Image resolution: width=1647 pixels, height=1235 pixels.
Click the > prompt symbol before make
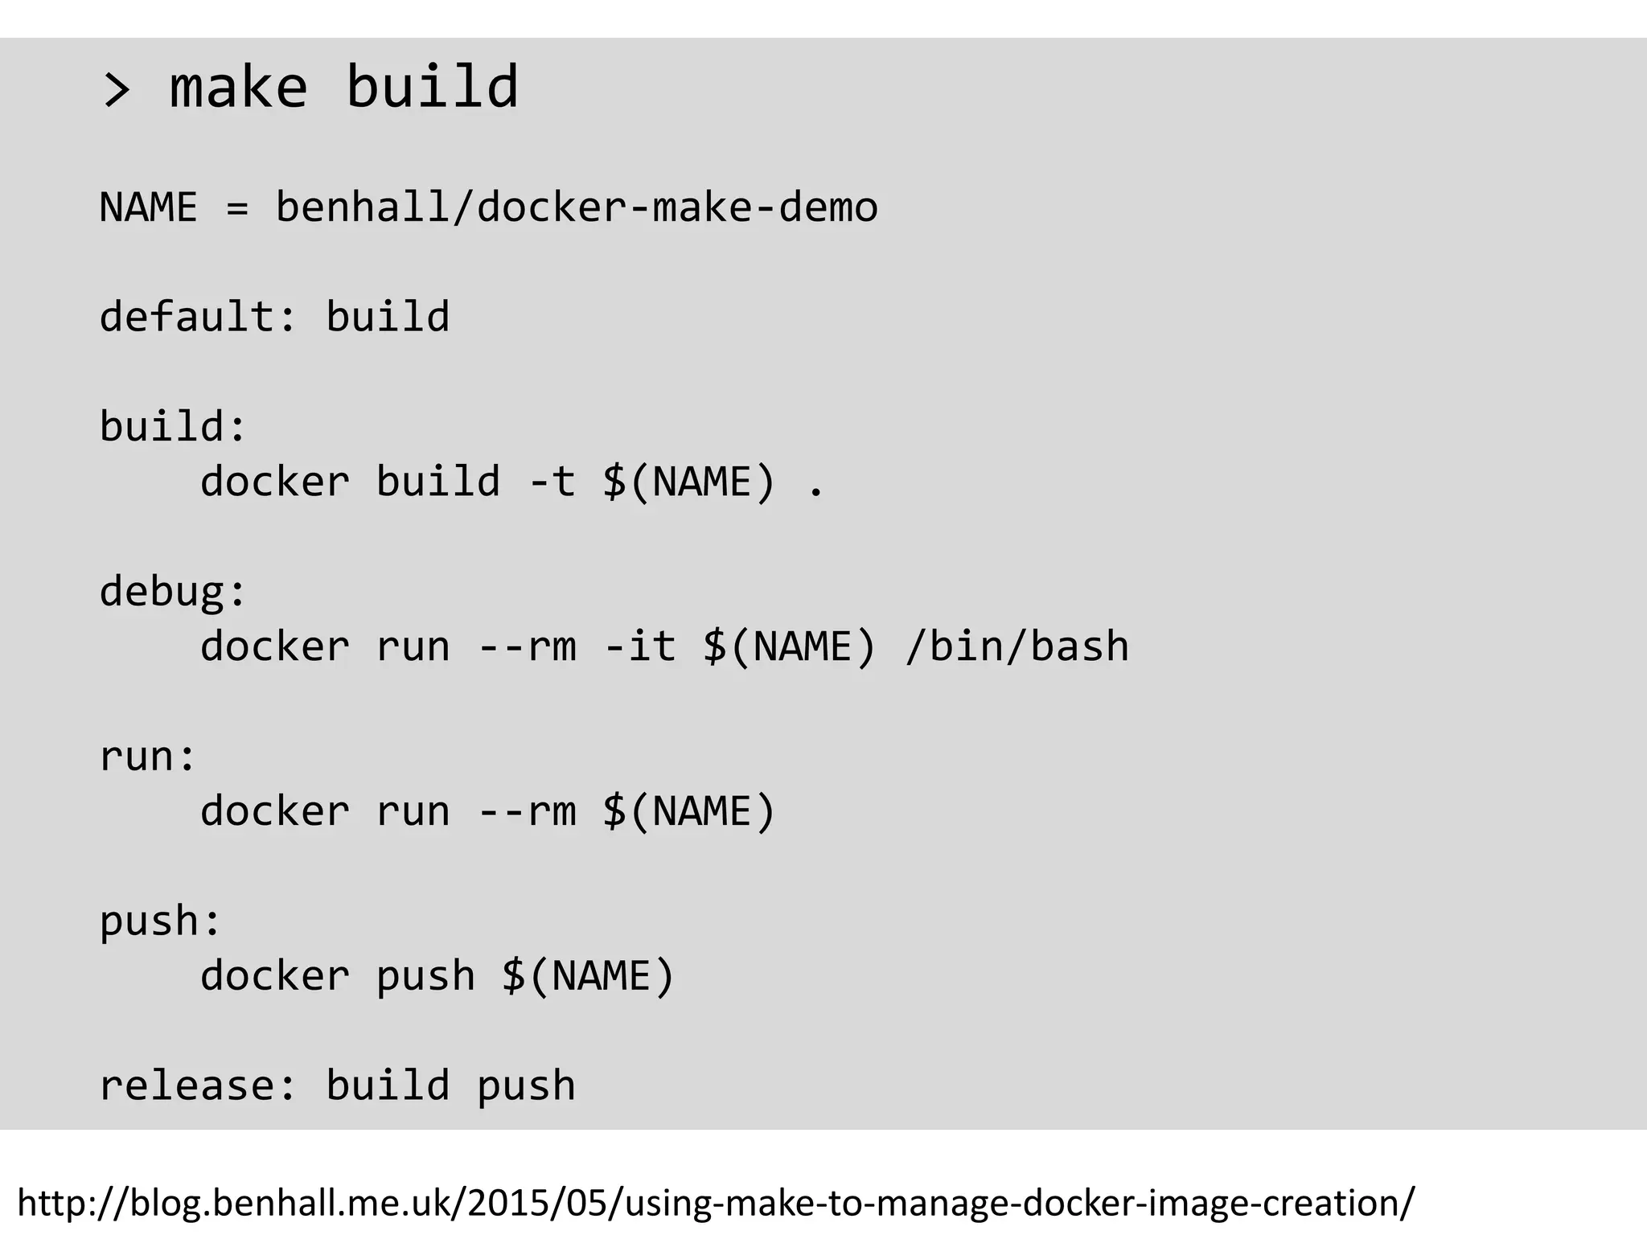point(117,89)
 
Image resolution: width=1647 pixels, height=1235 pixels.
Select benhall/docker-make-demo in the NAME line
point(576,207)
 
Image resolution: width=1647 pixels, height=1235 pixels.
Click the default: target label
point(198,316)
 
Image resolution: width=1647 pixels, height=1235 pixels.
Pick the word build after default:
point(388,316)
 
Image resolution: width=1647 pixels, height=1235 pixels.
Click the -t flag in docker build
point(552,482)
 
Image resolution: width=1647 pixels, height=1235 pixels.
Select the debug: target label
point(172,593)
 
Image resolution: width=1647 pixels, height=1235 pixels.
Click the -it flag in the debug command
point(640,646)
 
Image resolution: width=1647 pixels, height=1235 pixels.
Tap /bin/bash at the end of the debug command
point(1017,646)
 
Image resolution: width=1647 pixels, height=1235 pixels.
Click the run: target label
point(147,757)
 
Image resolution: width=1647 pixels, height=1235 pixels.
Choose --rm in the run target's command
point(528,810)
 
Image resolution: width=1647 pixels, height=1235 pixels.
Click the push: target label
point(160,921)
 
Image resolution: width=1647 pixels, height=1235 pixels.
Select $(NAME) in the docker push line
point(588,976)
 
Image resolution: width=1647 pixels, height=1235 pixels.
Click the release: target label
point(198,1085)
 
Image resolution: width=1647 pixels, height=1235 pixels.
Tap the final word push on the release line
point(526,1087)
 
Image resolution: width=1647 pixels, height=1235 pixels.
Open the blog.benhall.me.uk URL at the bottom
point(716,1203)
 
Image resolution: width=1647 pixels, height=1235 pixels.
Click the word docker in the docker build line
point(275,482)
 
